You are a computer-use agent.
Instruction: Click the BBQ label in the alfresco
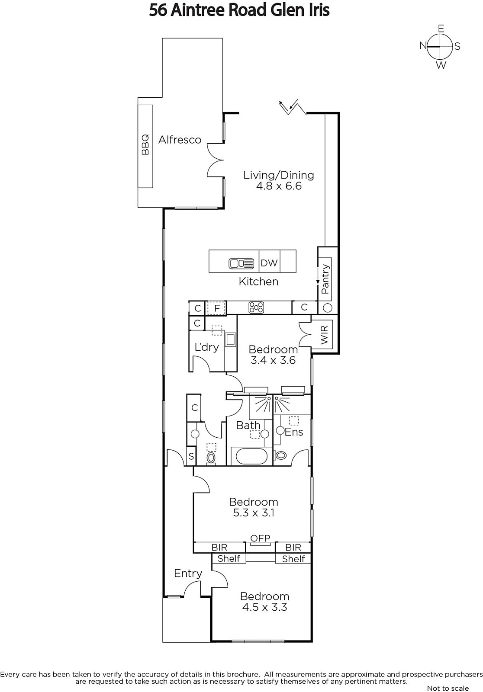(x=145, y=144)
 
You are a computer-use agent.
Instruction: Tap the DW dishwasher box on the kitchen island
(x=269, y=261)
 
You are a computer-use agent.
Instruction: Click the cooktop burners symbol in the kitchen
(x=256, y=308)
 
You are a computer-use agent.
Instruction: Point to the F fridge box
(x=217, y=308)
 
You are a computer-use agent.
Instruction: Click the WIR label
(x=324, y=335)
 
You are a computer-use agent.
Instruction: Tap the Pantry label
(x=325, y=279)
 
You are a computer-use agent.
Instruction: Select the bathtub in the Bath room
(x=251, y=456)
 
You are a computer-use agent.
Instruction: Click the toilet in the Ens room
(x=281, y=455)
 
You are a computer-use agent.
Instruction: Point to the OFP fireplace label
(x=260, y=538)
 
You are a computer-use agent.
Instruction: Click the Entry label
(x=188, y=573)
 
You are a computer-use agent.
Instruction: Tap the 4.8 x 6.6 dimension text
(x=279, y=186)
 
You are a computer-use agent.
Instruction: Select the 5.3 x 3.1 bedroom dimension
(x=254, y=513)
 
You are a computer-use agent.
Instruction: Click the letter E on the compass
(x=441, y=29)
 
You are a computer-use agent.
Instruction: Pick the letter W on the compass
(x=441, y=65)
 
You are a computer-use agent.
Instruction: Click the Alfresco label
(x=180, y=140)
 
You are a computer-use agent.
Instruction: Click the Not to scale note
(x=448, y=688)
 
